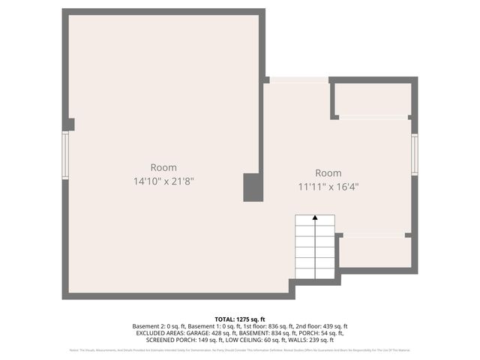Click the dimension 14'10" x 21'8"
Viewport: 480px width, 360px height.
click(x=163, y=181)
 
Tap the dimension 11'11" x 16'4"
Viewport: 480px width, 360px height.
click(x=328, y=187)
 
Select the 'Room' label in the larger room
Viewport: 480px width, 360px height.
click(x=163, y=167)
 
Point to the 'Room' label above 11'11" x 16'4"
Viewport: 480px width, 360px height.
click(x=328, y=173)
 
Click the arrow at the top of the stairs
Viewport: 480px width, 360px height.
click(x=315, y=218)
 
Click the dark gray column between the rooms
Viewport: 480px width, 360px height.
click(x=252, y=187)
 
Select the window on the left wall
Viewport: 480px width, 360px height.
click(x=65, y=155)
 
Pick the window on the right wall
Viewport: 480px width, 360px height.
click(x=414, y=154)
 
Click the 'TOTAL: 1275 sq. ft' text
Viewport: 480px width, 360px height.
click(x=240, y=319)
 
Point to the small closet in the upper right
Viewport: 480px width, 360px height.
click(x=372, y=99)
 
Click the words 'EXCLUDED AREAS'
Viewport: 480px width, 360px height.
click(x=160, y=333)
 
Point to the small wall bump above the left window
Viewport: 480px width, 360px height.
click(x=70, y=124)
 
